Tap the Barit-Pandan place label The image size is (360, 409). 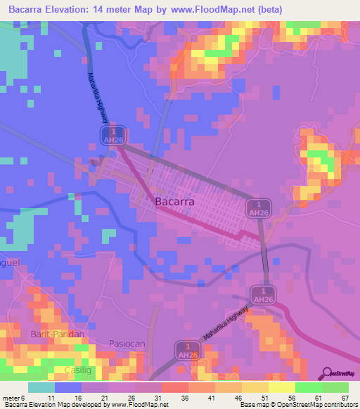click(x=58, y=334)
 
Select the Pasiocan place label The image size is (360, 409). click(x=127, y=343)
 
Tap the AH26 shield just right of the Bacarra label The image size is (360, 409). click(x=259, y=208)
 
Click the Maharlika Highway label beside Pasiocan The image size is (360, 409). click(x=226, y=325)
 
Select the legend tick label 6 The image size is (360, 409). click(x=24, y=398)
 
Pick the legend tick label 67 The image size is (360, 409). click(x=344, y=398)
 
